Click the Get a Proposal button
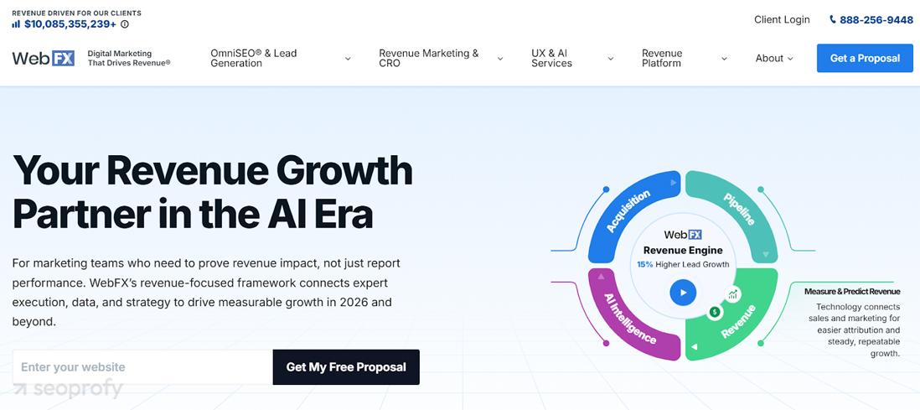[x=865, y=58]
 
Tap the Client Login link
[x=782, y=20]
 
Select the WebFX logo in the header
[x=43, y=58]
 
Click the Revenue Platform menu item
[x=684, y=58]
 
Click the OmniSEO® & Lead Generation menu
[x=281, y=58]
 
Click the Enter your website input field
[x=142, y=367]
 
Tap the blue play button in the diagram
[x=682, y=292]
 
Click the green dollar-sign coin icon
[x=715, y=312]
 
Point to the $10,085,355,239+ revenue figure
[x=70, y=24]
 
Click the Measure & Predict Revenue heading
[x=852, y=291]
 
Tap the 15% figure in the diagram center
[x=645, y=264]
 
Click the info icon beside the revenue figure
[x=124, y=24]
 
